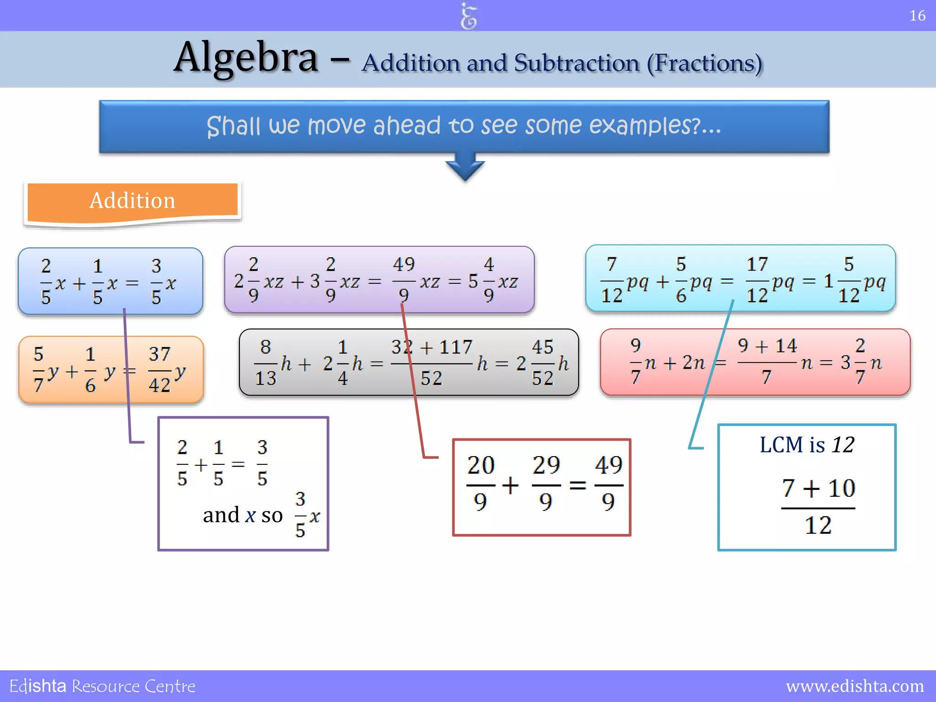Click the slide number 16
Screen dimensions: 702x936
pyautogui.click(x=917, y=16)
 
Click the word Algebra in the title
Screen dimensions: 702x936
pyautogui.click(x=246, y=58)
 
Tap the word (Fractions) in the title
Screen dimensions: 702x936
pyautogui.click(x=704, y=63)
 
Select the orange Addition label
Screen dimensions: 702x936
pyautogui.click(x=133, y=201)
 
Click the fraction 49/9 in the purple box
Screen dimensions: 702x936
pyautogui.click(x=404, y=280)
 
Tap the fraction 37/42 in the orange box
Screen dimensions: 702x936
pyautogui.click(x=160, y=369)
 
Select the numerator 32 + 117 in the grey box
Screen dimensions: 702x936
pyautogui.click(x=431, y=347)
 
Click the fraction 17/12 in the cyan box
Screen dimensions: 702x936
pyautogui.click(x=757, y=280)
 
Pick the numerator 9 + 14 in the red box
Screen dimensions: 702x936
pyautogui.click(x=767, y=346)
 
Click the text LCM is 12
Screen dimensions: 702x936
pyautogui.click(x=807, y=445)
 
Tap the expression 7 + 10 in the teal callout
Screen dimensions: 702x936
pyautogui.click(x=818, y=489)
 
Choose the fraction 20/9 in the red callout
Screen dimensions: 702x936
pyautogui.click(x=481, y=484)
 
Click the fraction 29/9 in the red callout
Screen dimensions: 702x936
pyautogui.click(x=546, y=484)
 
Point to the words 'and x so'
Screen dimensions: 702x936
pyautogui.click(x=243, y=516)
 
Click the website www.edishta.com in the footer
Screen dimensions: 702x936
pyautogui.click(x=855, y=686)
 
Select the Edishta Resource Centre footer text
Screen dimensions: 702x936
pyautogui.click(x=102, y=686)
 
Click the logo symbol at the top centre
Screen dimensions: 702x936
pyautogui.click(x=468, y=16)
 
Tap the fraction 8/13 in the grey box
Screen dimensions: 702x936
pyautogui.click(x=266, y=362)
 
